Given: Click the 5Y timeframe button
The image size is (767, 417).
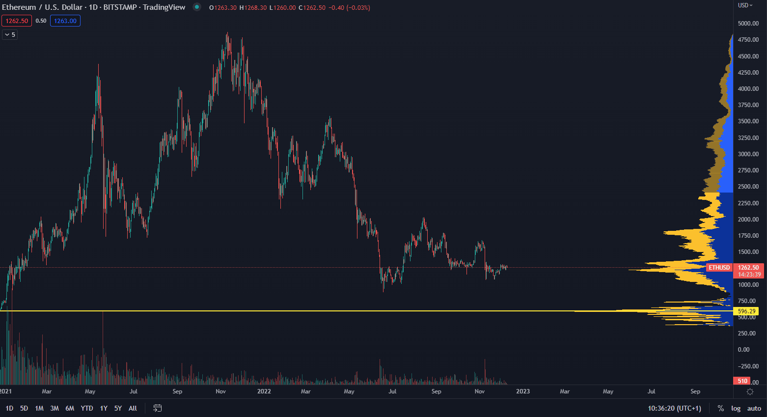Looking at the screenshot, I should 118,408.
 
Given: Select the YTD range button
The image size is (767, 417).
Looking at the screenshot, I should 87,408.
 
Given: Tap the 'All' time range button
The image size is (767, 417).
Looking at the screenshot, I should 133,408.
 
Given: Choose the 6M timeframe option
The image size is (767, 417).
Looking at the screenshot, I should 70,408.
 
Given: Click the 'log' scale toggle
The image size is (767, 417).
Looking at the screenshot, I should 736,408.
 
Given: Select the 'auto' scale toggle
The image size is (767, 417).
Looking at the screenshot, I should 754,408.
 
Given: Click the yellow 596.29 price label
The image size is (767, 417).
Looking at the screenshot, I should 746,311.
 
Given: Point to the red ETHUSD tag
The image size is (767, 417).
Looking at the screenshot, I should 719,268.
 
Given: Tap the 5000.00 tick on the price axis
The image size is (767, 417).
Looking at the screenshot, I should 748,24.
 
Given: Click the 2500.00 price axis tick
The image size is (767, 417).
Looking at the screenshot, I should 748,187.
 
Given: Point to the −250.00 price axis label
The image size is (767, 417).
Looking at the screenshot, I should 748,366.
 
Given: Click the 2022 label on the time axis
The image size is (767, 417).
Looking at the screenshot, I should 264,391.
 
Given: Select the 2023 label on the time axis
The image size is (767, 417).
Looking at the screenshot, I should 523,391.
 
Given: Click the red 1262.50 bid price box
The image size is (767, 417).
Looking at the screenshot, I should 17,21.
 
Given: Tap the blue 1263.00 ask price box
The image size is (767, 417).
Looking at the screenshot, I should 65,21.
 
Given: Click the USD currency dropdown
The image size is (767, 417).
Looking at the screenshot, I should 745,5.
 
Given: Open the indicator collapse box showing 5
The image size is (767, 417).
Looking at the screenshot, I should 10,35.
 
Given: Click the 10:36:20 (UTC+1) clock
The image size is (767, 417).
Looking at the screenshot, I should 674,408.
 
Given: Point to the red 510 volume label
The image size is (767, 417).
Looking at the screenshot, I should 742,381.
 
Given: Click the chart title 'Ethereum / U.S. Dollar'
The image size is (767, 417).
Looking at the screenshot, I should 42,7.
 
